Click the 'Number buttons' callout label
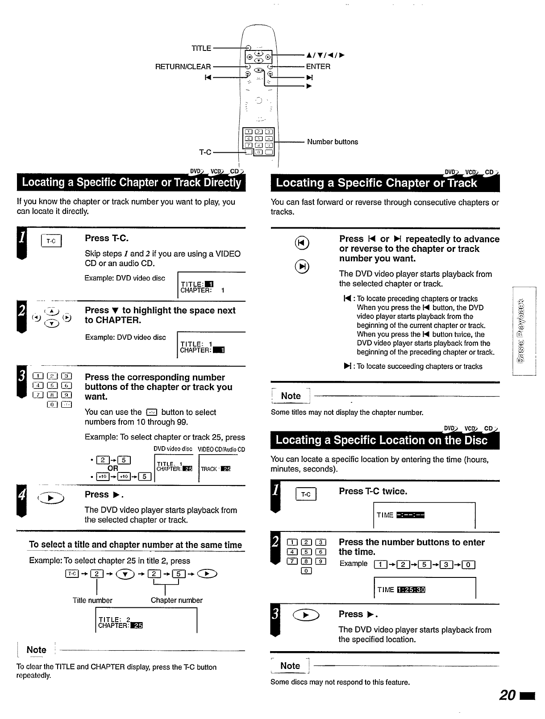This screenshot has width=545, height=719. click(332, 142)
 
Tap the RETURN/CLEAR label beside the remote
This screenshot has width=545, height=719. click(183, 67)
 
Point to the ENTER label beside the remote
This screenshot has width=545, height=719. click(318, 67)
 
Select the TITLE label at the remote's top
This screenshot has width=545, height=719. click(201, 48)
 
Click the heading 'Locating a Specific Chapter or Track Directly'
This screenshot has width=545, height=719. click(131, 183)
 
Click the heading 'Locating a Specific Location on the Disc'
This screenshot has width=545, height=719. click(382, 440)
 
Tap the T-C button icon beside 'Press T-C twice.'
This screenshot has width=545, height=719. click(306, 494)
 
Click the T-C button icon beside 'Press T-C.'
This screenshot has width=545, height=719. click(52, 241)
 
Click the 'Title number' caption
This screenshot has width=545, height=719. click(92, 601)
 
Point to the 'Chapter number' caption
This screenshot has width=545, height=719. click(176, 601)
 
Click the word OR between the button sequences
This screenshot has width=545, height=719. click(113, 468)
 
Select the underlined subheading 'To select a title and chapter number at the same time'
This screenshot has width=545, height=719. click(135, 545)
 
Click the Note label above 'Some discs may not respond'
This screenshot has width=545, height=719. click(290, 666)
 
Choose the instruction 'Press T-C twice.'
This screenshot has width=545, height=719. click(373, 491)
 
